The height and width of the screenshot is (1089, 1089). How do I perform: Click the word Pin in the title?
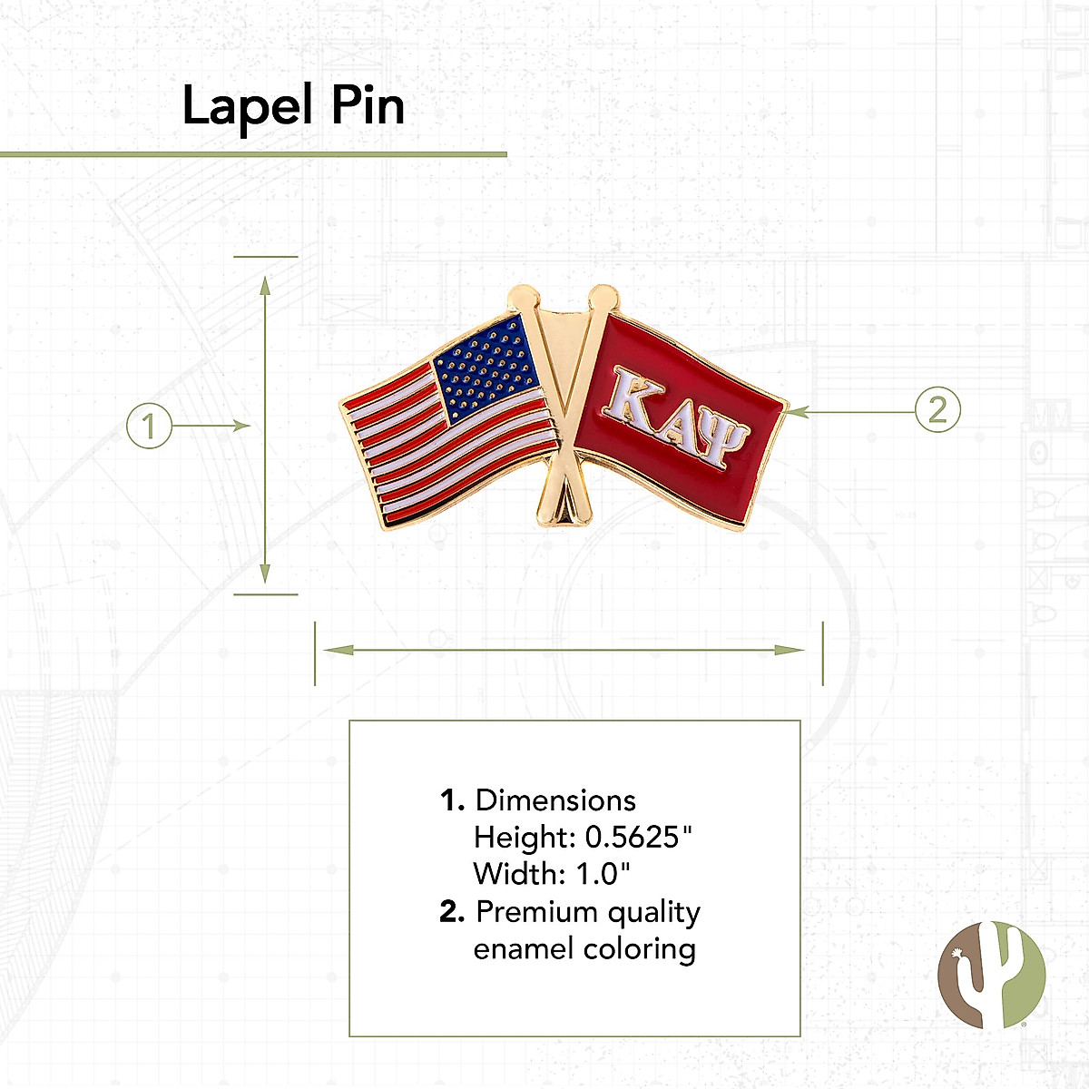coord(368,104)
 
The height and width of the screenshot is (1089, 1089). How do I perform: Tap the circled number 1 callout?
coord(149,426)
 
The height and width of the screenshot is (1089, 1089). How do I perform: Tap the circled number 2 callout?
coord(937,409)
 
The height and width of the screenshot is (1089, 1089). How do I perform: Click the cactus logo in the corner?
coord(991,975)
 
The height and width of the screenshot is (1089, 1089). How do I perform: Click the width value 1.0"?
coord(603,874)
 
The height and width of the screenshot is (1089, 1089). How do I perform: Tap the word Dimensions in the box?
coord(555,800)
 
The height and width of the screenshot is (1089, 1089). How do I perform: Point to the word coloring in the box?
coord(639,950)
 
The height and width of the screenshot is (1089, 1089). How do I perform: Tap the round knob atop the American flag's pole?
coord(524,299)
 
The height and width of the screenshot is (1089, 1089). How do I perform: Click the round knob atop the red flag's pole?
coord(604,299)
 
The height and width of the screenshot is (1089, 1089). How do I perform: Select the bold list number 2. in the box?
coord(452,911)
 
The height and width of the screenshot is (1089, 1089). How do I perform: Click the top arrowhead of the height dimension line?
coord(265,286)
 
